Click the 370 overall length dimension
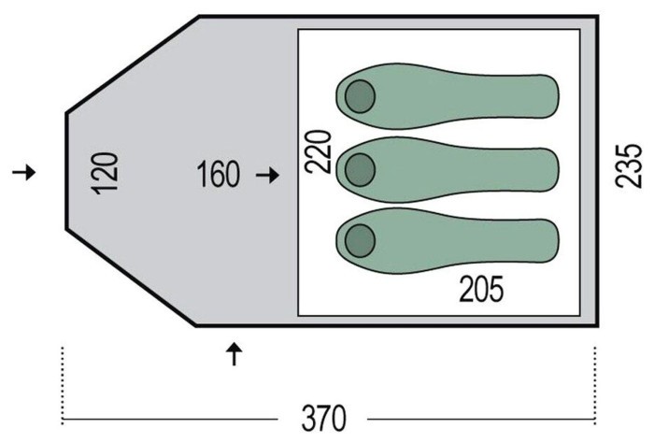click(x=323, y=419)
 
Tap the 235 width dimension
click(x=628, y=165)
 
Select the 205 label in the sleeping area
click(x=481, y=289)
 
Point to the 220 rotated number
click(x=318, y=151)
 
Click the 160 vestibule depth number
click(x=218, y=174)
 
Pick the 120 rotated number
click(x=105, y=174)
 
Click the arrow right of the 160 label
click(x=267, y=175)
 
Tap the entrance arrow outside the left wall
click(x=24, y=172)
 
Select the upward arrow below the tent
click(x=235, y=354)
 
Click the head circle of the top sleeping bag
click(x=360, y=96)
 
